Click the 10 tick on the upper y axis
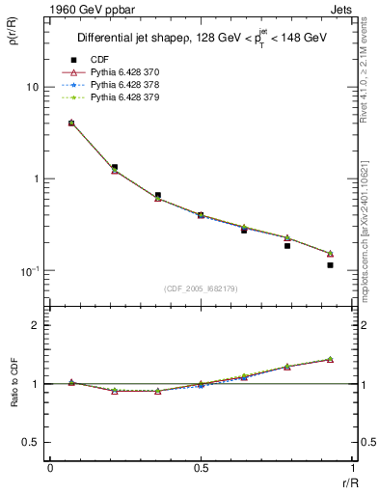[x=33, y=87]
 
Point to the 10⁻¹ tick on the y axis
[x=31, y=270]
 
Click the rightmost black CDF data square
[x=330, y=265]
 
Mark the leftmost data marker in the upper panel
[x=71, y=123]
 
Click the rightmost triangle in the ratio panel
[x=330, y=359]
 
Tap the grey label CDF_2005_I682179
[x=201, y=288]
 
